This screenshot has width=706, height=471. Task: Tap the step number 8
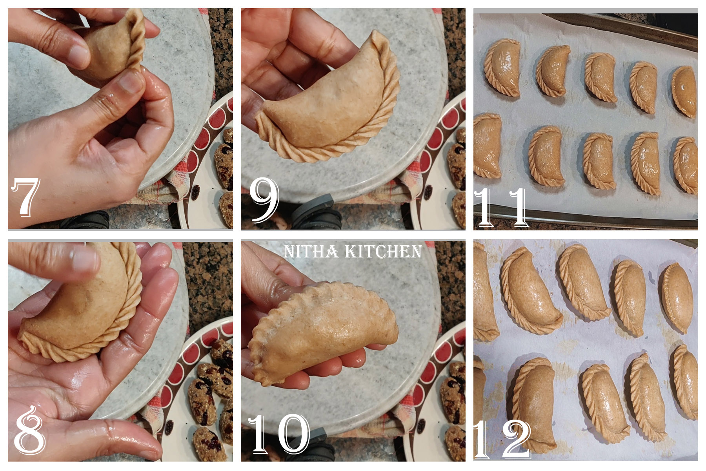29,431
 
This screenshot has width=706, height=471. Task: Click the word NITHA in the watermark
311,252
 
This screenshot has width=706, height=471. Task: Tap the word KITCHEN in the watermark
383,252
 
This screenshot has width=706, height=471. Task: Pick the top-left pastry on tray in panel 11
502,67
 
